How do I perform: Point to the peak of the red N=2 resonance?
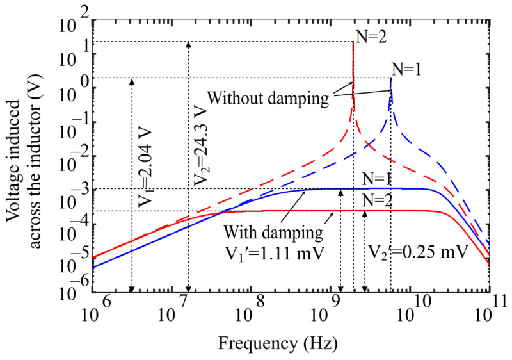click(353, 42)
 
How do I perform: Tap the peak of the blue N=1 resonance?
click(390, 78)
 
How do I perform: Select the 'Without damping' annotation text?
click(268, 99)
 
